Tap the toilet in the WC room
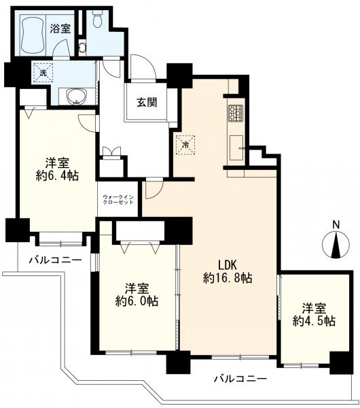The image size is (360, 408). [x=98, y=19]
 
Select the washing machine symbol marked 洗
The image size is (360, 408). [x=43, y=73]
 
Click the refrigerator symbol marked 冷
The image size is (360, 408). [x=185, y=145]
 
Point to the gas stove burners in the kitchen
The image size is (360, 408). [x=236, y=113]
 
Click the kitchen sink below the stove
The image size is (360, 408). [x=236, y=148]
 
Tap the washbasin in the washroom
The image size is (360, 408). [x=77, y=97]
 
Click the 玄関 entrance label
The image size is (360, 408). [x=147, y=103]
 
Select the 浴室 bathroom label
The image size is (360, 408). [x=60, y=29]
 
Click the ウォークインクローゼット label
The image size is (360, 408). [x=118, y=199]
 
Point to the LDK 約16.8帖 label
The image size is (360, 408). [x=227, y=272]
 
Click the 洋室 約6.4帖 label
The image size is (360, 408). [x=57, y=169]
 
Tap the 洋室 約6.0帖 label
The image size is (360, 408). [x=137, y=295]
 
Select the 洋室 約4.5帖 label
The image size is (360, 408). [x=314, y=315]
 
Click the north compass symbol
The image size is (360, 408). [x=336, y=245]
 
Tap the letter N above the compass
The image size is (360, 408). [x=336, y=224]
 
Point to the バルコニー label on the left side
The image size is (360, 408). [x=55, y=260]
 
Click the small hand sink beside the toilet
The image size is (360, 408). [x=82, y=48]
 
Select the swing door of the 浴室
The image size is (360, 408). [x=61, y=48]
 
